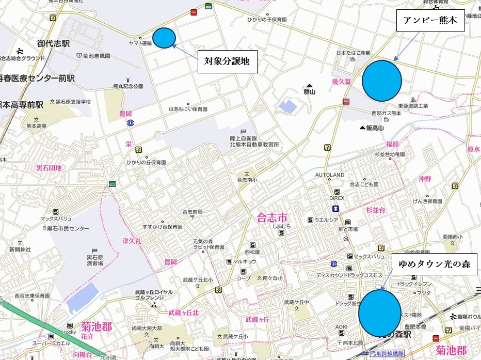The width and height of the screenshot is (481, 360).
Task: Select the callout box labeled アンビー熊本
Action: [430, 21]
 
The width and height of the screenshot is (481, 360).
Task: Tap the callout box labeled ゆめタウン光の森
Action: [435, 264]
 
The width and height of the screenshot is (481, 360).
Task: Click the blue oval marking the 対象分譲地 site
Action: [165, 37]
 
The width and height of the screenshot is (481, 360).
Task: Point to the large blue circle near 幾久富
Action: [381, 81]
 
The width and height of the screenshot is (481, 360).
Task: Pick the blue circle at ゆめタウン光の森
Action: [379, 312]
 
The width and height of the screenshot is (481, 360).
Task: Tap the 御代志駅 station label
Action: [53, 44]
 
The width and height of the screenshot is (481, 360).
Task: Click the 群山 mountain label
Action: [310, 92]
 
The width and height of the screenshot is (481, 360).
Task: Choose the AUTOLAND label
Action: [329, 175]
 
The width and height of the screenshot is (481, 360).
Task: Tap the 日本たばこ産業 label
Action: [354, 53]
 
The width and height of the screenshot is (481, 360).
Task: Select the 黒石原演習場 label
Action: [94, 260]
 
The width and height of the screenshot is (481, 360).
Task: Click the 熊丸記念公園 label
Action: [128, 86]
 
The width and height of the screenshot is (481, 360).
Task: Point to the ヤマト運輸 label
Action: [140, 44]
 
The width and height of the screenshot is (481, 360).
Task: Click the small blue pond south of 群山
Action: [287, 107]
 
